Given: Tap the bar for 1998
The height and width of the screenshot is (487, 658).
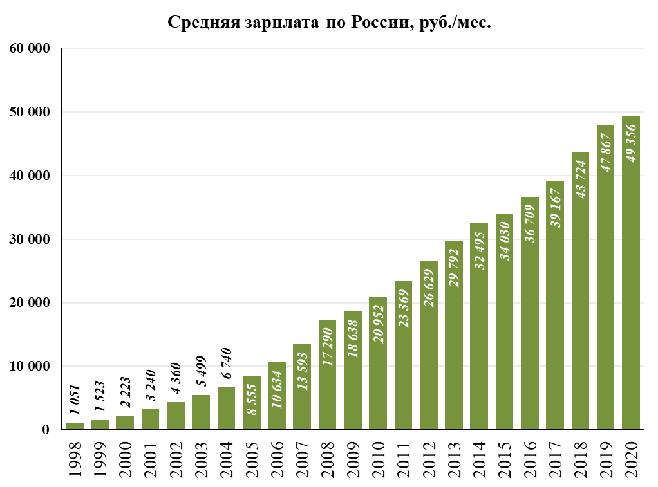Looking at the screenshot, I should pyautogui.click(x=74, y=426).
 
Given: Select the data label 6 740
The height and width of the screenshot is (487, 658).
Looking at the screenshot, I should pyautogui.click(x=226, y=365).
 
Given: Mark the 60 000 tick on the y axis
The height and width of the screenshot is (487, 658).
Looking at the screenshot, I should pyautogui.click(x=30, y=49).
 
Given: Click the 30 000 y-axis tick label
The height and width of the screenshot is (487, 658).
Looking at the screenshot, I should pyautogui.click(x=30, y=239).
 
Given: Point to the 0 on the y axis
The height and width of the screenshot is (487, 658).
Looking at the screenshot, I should pyautogui.click(x=46, y=430).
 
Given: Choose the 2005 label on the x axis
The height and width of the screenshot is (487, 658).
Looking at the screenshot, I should pyautogui.click(x=252, y=459).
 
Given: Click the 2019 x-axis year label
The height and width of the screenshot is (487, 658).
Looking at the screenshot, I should pyautogui.click(x=606, y=459).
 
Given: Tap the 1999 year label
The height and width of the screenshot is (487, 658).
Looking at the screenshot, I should pyautogui.click(x=100, y=459).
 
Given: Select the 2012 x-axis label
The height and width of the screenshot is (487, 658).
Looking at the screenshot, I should pyautogui.click(x=429, y=459).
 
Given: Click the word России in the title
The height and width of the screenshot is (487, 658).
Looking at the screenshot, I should pyautogui.click(x=376, y=23).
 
